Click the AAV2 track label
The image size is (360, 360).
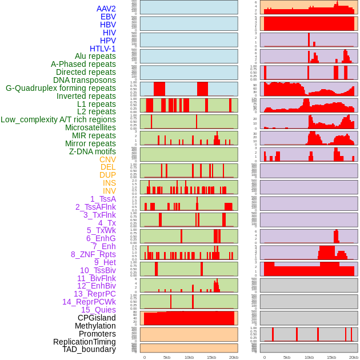click(x=106, y=9)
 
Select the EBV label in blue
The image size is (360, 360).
click(x=107, y=17)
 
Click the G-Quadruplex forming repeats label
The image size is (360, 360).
click(x=61, y=88)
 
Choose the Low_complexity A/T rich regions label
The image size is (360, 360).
click(x=58, y=119)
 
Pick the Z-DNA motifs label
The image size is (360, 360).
click(x=92, y=151)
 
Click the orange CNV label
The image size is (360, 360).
click(x=107, y=159)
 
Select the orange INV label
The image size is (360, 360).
click(x=109, y=191)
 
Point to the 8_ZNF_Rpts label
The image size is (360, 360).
click(x=93, y=254)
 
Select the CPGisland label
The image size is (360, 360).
click(x=97, y=318)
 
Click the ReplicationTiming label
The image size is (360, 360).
click(x=84, y=342)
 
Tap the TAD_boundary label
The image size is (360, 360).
click(x=89, y=349)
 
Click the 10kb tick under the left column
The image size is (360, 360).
click(x=189, y=357)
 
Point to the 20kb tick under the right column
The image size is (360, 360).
click(x=354, y=357)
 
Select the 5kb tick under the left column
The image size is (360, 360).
click(x=166, y=357)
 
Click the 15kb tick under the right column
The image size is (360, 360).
click(x=331, y=357)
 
